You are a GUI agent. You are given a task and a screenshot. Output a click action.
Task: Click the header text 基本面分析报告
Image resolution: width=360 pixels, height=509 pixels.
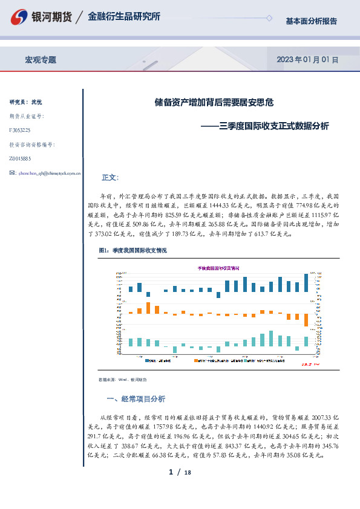pos(311,21)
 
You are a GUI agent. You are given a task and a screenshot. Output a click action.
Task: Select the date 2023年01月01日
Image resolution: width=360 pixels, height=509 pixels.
pos(307,60)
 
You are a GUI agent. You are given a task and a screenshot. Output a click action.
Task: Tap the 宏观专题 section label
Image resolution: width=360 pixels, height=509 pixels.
pos(41,60)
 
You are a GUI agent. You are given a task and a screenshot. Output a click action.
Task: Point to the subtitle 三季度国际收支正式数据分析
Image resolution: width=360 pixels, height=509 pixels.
pos(274,126)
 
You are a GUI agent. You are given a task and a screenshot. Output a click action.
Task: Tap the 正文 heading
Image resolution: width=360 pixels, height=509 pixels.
pos(111,178)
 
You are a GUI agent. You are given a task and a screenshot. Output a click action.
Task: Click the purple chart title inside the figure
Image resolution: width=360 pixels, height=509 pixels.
pos(218,267)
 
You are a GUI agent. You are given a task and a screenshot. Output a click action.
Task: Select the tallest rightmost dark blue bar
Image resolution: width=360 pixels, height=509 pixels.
pos(306,282)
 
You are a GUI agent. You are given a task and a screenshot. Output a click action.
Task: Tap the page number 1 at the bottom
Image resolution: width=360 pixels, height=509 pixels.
pos(171,472)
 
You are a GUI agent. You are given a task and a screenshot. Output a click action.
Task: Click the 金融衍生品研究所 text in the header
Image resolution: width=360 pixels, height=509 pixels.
pos(124,17)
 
